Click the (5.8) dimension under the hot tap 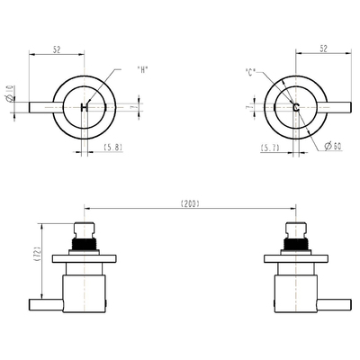[113, 147]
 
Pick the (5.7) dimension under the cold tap [269, 147]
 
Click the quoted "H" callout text [141, 70]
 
